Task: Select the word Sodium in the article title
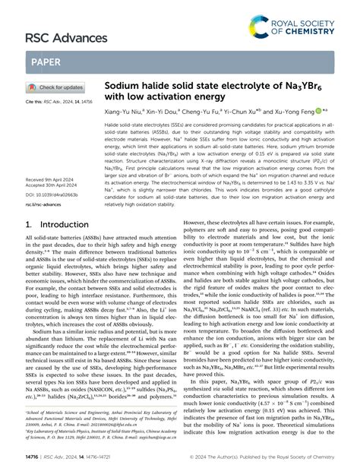pyautogui.click(x=125, y=88)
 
